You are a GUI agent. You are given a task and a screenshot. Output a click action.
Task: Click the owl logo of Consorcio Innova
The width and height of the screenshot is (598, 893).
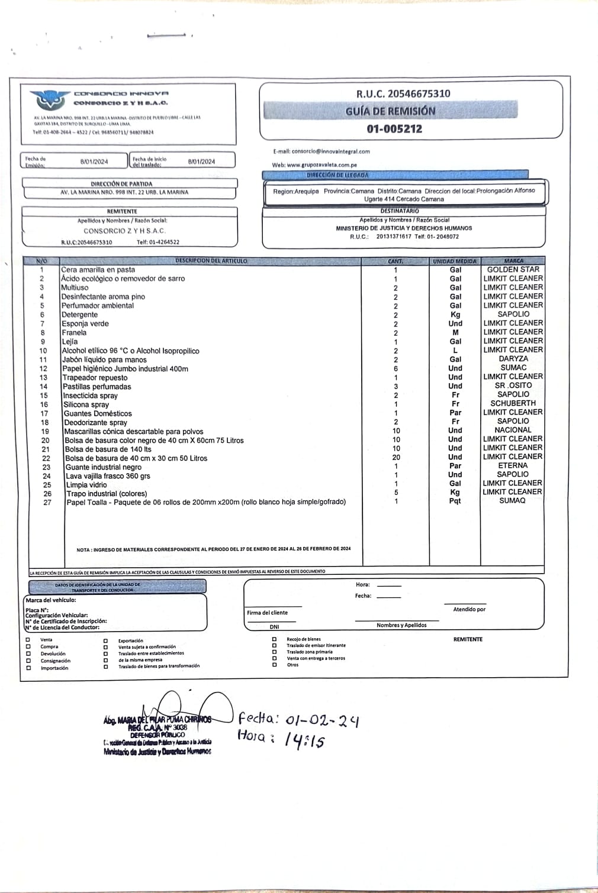[x=49, y=99]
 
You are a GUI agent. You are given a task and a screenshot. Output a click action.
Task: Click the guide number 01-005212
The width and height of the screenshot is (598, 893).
[x=394, y=129]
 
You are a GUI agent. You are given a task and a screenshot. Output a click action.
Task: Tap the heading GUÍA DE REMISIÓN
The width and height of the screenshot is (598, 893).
[x=390, y=111]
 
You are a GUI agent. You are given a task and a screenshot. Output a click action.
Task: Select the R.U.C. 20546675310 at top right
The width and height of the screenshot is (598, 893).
[x=403, y=93]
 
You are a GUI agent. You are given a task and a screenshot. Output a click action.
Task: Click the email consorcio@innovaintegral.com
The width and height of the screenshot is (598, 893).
[x=330, y=151]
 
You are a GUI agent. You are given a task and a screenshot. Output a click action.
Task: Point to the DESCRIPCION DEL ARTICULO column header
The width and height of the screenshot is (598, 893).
[x=211, y=261]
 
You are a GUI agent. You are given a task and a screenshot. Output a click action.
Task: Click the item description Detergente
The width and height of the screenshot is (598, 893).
[x=80, y=315]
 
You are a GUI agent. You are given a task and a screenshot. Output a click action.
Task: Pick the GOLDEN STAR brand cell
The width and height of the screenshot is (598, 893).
[x=513, y=270]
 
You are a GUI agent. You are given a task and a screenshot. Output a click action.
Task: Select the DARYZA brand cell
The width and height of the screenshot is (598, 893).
[x=513, y=359]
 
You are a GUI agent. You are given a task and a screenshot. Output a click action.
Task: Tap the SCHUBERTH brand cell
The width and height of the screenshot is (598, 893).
[x=513, y=403]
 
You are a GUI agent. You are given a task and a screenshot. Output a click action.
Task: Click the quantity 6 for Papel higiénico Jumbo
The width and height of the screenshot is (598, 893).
[x=396, y=368]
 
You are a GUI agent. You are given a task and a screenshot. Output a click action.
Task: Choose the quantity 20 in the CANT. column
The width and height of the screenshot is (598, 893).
[x=396, y=457]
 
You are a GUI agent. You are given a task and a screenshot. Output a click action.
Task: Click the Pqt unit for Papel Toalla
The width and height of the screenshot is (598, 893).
[x=455, y=501]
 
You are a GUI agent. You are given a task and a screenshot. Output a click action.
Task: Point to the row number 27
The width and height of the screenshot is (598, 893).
[x=47, y=503]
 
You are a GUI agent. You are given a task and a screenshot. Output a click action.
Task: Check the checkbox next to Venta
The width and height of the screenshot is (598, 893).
[x=28, y=640]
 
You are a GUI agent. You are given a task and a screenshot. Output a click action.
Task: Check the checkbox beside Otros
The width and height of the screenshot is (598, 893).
[x=274, y=665]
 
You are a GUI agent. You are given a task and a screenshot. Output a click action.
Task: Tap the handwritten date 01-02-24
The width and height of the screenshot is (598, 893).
[x=321, y=720]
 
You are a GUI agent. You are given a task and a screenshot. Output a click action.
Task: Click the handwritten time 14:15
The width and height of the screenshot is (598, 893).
[x=304, y=740]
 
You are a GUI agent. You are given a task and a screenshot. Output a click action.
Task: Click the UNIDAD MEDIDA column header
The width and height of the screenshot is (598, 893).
[x=454, y=261]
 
